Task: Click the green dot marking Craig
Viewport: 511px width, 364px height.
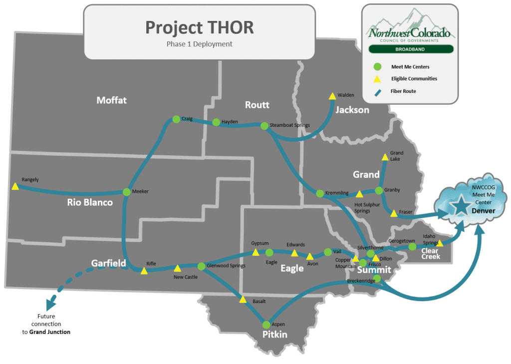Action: tap(176, 119)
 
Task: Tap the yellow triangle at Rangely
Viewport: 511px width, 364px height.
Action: tap(15, 187)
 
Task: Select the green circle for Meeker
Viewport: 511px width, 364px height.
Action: tap(126, 191)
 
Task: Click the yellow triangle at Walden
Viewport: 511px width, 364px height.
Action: tap(332, 95)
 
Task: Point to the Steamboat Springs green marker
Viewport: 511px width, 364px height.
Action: tap(264, 125)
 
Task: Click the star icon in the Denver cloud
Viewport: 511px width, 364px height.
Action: tap(461, 205)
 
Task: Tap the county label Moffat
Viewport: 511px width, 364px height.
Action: tap(111, 100)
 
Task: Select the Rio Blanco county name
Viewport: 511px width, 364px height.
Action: tap(90, 202)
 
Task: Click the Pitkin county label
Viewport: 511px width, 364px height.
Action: tap(275, 334)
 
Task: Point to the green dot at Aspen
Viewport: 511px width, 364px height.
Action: tap(266, 325)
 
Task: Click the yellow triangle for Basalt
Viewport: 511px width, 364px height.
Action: tap(243, 300)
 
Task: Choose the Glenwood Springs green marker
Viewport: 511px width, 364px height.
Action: tap(202, 266)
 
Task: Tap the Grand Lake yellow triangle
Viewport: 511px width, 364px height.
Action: tap(384, 157)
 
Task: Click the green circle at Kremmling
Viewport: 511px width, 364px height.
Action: tap(319, 193)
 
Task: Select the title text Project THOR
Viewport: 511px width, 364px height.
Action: tap(199, 27)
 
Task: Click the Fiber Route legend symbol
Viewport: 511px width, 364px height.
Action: tap(378, 91)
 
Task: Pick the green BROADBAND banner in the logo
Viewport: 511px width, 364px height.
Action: tap(411, 49)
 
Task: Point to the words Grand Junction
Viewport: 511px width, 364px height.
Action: tap(49, 332)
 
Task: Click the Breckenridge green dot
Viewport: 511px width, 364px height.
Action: tap(377, 278)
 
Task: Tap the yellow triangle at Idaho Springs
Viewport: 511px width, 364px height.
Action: tap(440, 243)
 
